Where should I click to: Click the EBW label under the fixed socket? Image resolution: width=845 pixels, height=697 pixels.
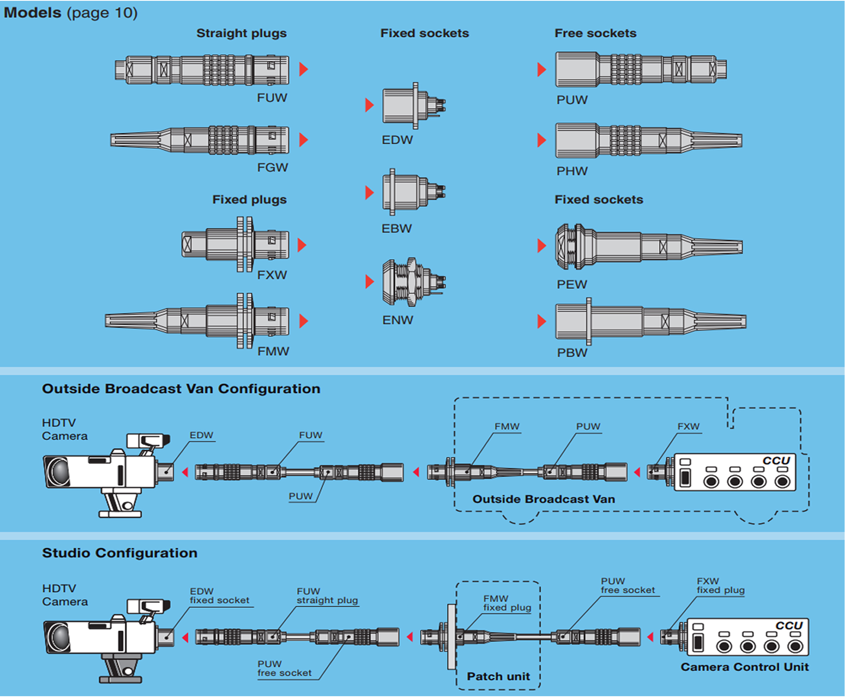click(396, 229)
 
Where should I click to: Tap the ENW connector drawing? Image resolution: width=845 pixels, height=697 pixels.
click(413, 282)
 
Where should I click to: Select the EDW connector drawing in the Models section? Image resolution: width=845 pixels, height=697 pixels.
click(413, 105)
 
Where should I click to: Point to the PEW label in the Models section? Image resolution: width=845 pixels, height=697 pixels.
click(572, 284)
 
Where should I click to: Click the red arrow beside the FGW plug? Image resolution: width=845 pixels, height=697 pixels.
click(303, 140)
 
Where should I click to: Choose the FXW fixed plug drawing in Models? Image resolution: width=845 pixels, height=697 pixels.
click(236, 245)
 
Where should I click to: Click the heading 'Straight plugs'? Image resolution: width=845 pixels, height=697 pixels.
click(241, 33)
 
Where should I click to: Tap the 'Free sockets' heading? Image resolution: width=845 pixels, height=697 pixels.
click(595, 33)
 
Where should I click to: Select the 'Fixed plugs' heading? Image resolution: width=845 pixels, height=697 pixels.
click(249, 199)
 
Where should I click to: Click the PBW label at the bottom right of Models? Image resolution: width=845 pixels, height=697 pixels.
click(572, 353)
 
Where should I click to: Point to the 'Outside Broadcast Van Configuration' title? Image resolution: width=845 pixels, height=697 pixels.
click(181, 389)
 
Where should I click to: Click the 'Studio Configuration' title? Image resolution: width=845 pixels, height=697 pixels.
click(120, 553)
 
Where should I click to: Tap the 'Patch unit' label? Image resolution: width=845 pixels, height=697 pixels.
click(498, 676)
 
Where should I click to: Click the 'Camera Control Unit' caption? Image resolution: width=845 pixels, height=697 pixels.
click(744, 667)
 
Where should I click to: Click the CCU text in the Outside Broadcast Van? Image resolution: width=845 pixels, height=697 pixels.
click(776, 461)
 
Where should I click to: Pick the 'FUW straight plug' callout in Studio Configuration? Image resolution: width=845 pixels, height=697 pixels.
click(327, 596)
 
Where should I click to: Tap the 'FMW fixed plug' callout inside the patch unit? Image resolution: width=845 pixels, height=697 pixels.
click(507, 603)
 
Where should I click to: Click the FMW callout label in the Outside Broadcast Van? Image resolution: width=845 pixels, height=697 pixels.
click(507, 426)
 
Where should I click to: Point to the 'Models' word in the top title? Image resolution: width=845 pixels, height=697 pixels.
click(32, 13)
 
